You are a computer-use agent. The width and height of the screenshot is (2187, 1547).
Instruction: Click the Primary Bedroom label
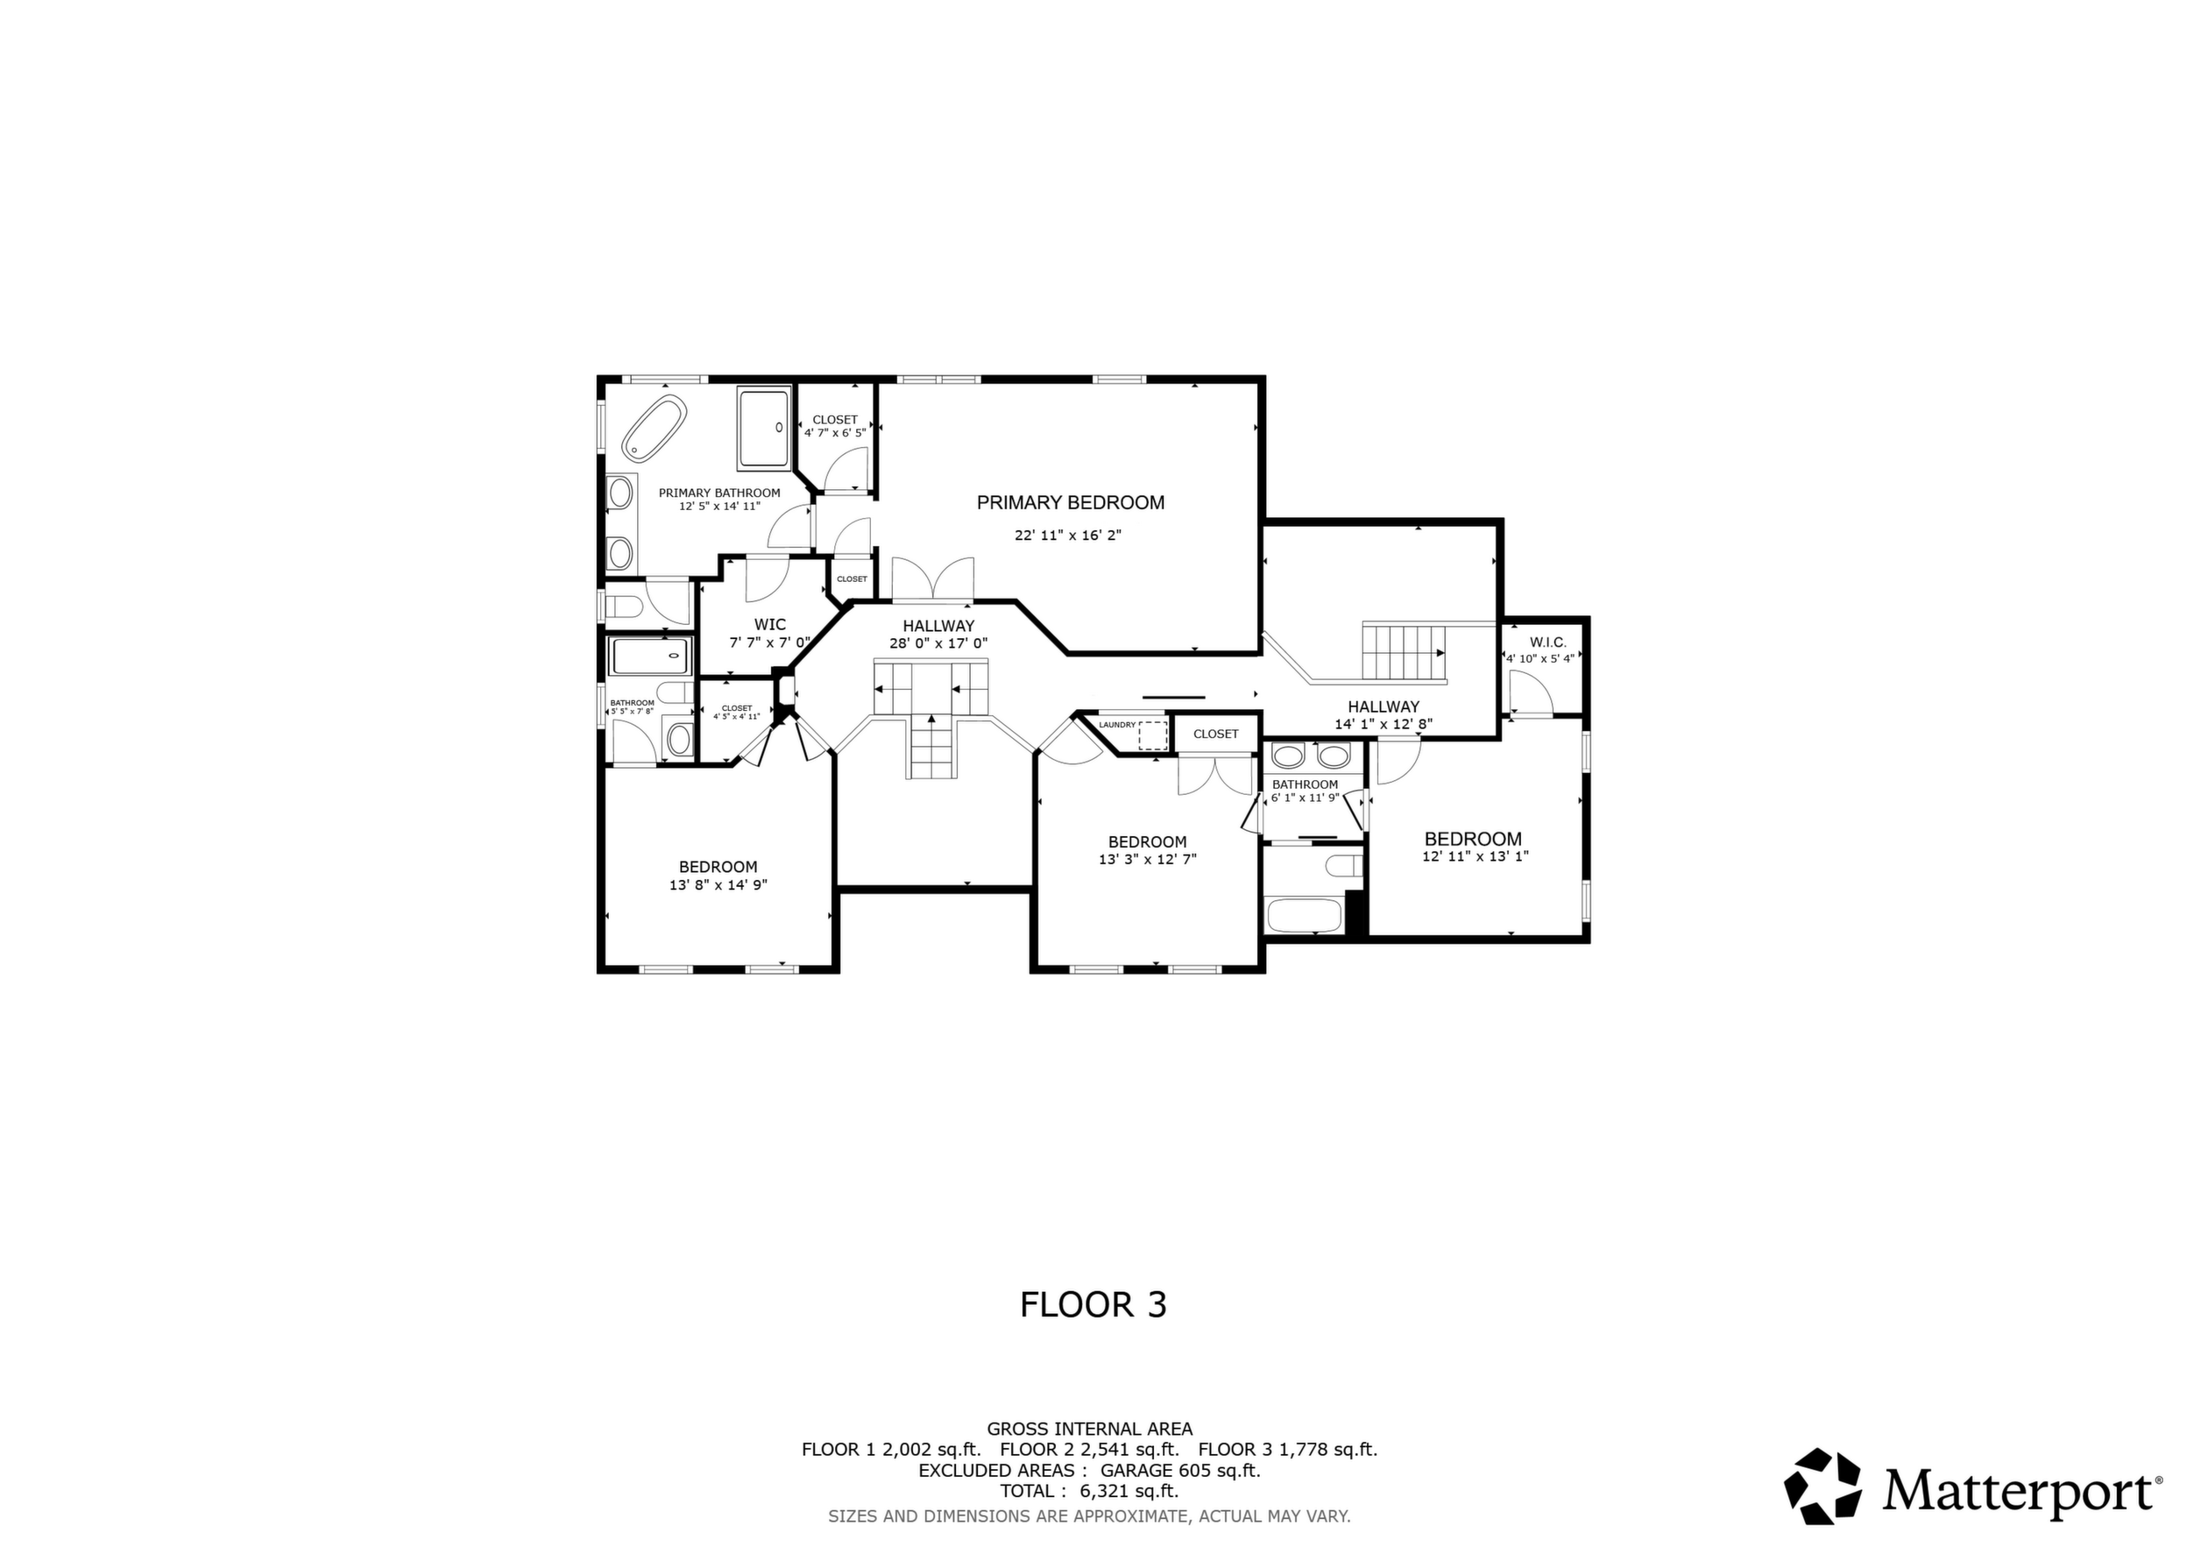coord(1071,503)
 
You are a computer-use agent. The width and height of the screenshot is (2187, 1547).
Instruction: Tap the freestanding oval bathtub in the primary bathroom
coord(655,428)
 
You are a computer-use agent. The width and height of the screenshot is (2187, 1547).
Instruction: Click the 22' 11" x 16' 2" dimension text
coord(1068,536)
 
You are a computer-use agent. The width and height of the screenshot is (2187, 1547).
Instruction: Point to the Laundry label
coord(1117,725)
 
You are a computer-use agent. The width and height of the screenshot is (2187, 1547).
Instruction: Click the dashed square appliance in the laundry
coord(1152,736)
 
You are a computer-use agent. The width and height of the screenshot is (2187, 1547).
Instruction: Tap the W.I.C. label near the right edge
coord(1548,643)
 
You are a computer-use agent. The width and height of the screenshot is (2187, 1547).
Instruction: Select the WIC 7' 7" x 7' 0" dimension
coord(769,643)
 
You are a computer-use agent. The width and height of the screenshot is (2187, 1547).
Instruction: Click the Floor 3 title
coord(1093,1304)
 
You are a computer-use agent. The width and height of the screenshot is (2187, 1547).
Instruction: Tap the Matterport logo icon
coord(1823,1485)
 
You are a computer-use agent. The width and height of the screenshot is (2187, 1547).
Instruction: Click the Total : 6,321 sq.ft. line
coord(1090,1491)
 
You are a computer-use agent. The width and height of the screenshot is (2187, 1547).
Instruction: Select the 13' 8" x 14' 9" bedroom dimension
coord(718,885)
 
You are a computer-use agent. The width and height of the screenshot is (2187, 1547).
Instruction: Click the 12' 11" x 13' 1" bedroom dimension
coord(1476,856)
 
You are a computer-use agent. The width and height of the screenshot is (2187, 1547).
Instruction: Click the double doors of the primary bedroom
coord(933,579)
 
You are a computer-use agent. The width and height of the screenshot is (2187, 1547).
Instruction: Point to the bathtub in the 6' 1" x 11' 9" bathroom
coord(1303,914)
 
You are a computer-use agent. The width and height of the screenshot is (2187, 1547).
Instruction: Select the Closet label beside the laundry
coord(1216,734)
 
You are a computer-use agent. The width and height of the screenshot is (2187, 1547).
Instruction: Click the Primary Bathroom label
coord(719,493)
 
